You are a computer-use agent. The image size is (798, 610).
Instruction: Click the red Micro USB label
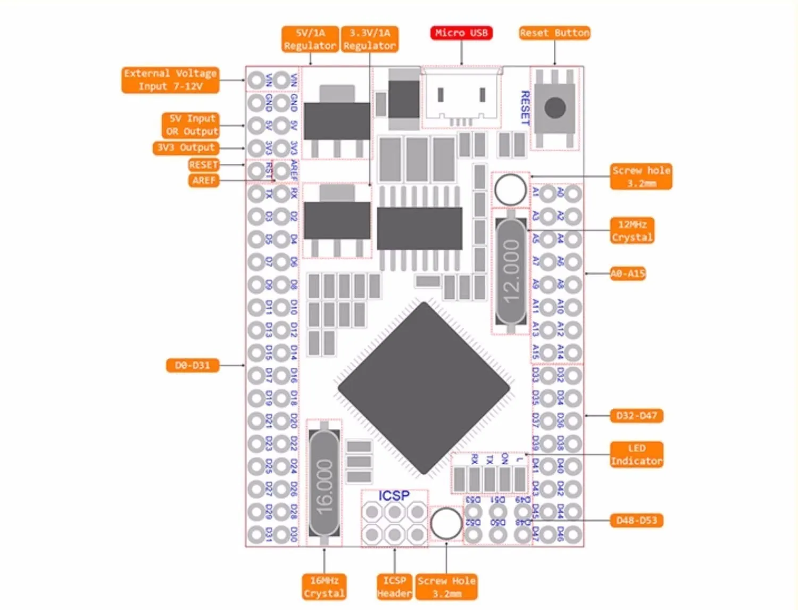point(461,33)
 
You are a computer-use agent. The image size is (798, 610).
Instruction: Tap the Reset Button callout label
point(554,33)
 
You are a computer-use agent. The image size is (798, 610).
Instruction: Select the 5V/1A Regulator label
point(310,39)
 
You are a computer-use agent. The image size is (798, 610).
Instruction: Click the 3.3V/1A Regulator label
point(369,39)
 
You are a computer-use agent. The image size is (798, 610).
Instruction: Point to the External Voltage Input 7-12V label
point(170,80)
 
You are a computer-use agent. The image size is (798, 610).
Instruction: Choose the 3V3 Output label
point(186,147)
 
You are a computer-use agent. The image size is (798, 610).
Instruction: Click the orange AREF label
point(204,180)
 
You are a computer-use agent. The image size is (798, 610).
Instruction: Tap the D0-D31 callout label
point(192,365)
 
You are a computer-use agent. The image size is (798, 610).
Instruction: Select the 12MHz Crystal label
point(631,231)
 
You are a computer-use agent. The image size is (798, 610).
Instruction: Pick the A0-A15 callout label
point(628,274)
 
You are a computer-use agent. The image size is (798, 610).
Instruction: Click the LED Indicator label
point(636,455)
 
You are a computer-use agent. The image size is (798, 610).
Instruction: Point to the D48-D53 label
point(636,520)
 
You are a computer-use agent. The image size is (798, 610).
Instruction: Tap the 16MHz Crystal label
point(324,587)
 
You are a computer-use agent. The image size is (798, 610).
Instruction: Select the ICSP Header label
point(394,587)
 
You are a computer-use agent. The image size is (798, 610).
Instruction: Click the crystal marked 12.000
point(511,271)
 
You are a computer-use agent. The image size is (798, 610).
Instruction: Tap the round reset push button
point(555,108)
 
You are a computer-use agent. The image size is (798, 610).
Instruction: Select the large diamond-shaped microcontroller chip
point(424,388)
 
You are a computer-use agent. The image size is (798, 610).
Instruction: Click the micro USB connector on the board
point(461,98)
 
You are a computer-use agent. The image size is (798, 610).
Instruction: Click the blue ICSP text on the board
point(394,496)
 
